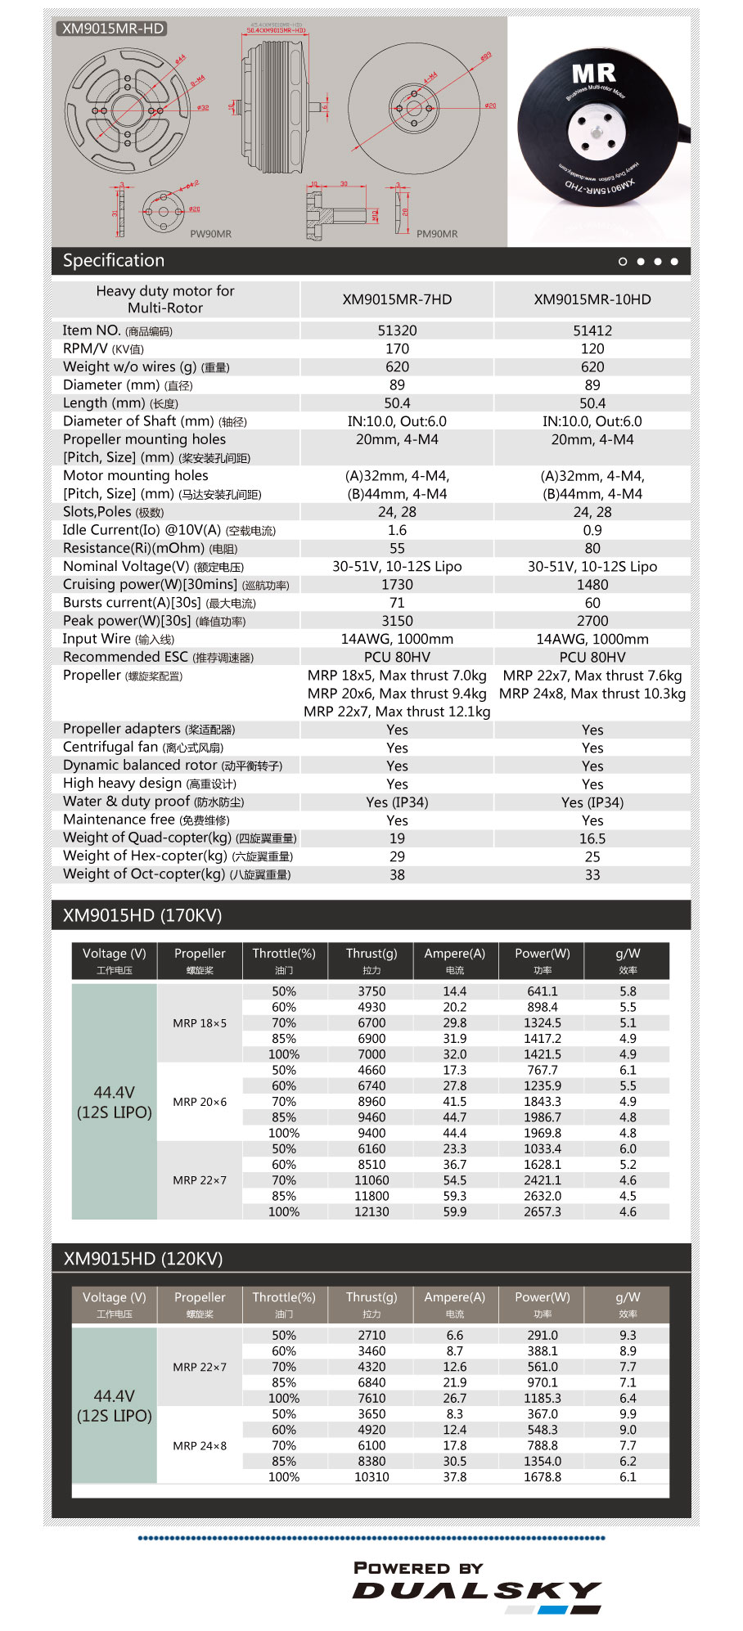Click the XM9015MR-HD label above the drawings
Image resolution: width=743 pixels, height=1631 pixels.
coord(113,29)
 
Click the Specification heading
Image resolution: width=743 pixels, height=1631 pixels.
coord(114,261)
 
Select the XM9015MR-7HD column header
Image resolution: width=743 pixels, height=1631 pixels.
coord(397,299)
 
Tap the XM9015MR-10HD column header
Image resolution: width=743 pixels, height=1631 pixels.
coord(592,299)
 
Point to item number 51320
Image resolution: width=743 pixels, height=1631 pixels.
coord(397,330)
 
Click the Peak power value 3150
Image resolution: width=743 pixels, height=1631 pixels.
coord(397,621)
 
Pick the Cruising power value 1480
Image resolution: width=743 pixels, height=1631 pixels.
coord(592,585)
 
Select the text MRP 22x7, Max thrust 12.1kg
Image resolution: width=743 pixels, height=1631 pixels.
coord(397,712)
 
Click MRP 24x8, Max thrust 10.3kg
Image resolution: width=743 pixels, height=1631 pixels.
coord(592,694)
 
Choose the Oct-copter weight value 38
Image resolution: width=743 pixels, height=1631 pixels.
coord(397,874)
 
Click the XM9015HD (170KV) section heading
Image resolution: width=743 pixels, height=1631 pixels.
coord(142,915)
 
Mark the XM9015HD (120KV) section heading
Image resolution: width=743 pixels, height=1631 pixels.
coord(143,1259)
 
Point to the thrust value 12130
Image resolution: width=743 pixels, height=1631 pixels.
coord(371,1211)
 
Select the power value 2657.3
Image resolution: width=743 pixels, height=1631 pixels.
coord(543,1211)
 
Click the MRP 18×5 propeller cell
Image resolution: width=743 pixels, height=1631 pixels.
coord(200,1023)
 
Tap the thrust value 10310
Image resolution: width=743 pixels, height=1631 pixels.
coord(371,1477)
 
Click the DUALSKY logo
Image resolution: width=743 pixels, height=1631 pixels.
coord(477,1590)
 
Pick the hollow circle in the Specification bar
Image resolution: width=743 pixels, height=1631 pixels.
coord(623,262)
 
